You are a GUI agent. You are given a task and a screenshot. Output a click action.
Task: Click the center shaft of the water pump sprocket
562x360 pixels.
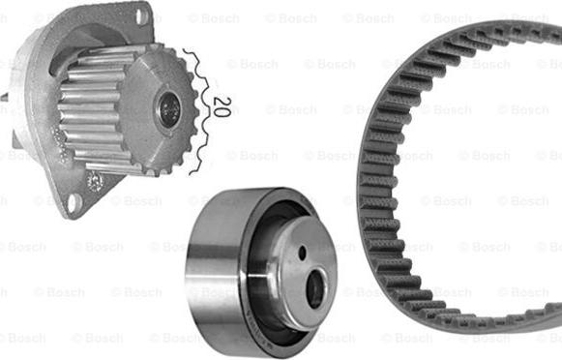[x=169, y=108]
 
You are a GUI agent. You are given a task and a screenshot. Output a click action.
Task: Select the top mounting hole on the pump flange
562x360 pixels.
[x=142, y=16]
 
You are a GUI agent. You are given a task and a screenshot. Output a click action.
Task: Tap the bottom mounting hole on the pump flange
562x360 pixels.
[x=74, y=200]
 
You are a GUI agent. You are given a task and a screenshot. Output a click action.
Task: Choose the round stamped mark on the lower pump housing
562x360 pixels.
[x=95, y=181]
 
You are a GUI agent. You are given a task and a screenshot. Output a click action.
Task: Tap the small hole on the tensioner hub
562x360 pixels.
[x=303, y=254]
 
